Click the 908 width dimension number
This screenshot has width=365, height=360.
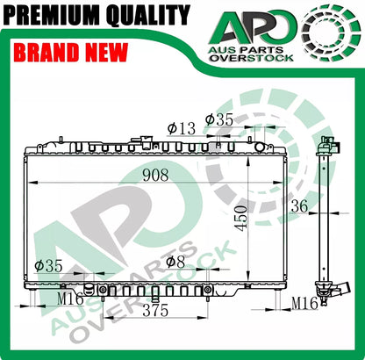click(x=155, y=175)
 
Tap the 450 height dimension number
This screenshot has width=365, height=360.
click(x=242, y=219)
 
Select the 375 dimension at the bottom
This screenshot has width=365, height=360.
click(x=155, y=311)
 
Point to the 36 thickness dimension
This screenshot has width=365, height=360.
click(x=299, y=206)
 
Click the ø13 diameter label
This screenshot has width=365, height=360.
click(x=182, y=128)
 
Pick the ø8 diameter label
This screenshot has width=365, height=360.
click(x=175, y=262)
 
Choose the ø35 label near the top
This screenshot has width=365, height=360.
click(x=219, y=119)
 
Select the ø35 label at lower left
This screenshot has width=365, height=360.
click(x=48, y=266)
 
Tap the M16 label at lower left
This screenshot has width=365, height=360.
click(x=70, y=299)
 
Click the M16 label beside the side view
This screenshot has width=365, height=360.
click(x=304, y=303)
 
